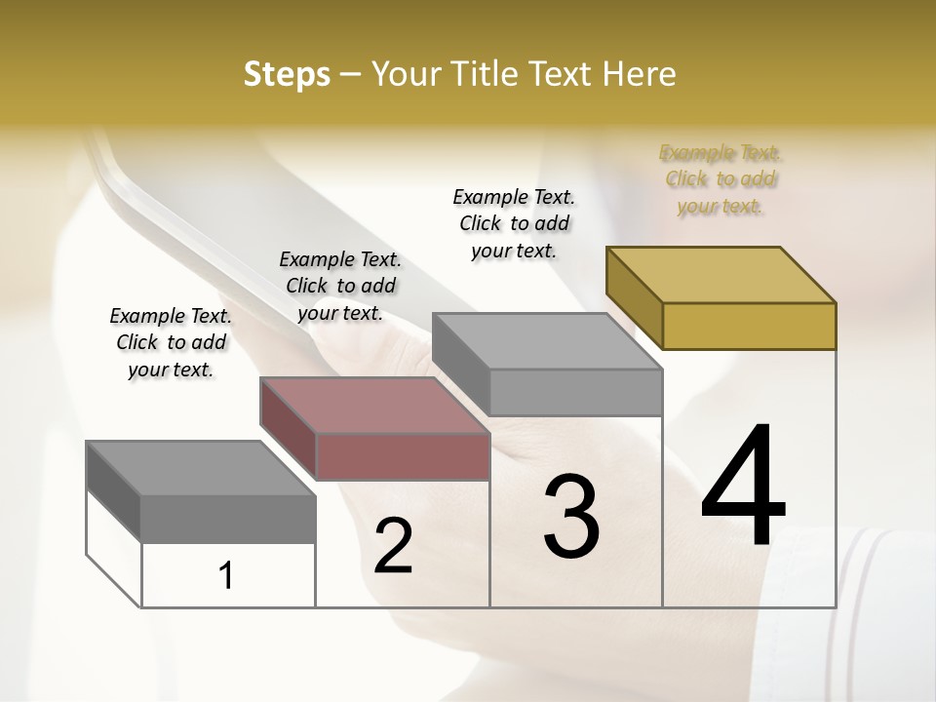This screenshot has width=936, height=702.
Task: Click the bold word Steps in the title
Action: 287,74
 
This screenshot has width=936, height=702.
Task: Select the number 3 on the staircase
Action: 570,517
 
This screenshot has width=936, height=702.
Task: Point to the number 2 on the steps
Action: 393,546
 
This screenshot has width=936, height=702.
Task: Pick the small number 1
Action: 226,575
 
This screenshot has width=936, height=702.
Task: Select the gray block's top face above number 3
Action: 547,341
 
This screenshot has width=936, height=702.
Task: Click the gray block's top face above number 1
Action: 201,469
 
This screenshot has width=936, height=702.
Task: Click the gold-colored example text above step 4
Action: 721,179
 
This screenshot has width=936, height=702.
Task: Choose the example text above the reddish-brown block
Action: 340,286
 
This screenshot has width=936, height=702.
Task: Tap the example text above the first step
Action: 171,342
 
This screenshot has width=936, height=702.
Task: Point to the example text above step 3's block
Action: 514,223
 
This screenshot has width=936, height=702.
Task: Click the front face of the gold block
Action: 749,326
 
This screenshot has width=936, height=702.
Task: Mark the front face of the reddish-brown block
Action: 403,456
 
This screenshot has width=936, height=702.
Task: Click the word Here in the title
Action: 641,74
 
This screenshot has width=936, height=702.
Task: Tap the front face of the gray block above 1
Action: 228,519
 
